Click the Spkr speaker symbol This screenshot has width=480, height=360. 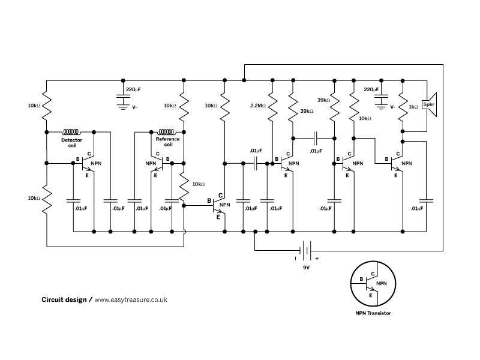[429, 104]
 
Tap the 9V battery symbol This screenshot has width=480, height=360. [305, 250]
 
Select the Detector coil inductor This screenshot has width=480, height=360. [71, 132]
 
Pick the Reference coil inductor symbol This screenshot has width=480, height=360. [166, 132]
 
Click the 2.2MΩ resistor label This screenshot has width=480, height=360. [258, 106]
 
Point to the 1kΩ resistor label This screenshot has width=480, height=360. [413, 107]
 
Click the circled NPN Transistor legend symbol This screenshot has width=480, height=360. [373, 283]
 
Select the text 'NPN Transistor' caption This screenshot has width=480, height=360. [373, 313]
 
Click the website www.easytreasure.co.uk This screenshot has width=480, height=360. [131, 299]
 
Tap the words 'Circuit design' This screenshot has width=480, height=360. [64, 299]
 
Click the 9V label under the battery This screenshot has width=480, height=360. [307, 268]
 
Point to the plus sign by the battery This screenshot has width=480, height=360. [317, 259]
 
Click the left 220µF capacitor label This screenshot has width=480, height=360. [133, 89]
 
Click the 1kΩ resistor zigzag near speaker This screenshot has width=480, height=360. [403, 107]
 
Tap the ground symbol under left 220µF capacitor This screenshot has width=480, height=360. [123, 106]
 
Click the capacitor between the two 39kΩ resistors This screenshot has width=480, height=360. [316, 139]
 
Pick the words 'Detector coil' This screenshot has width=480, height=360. [71, 143]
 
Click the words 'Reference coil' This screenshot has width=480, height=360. [168, 142]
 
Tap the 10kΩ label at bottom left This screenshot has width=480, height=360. [34, 198]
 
